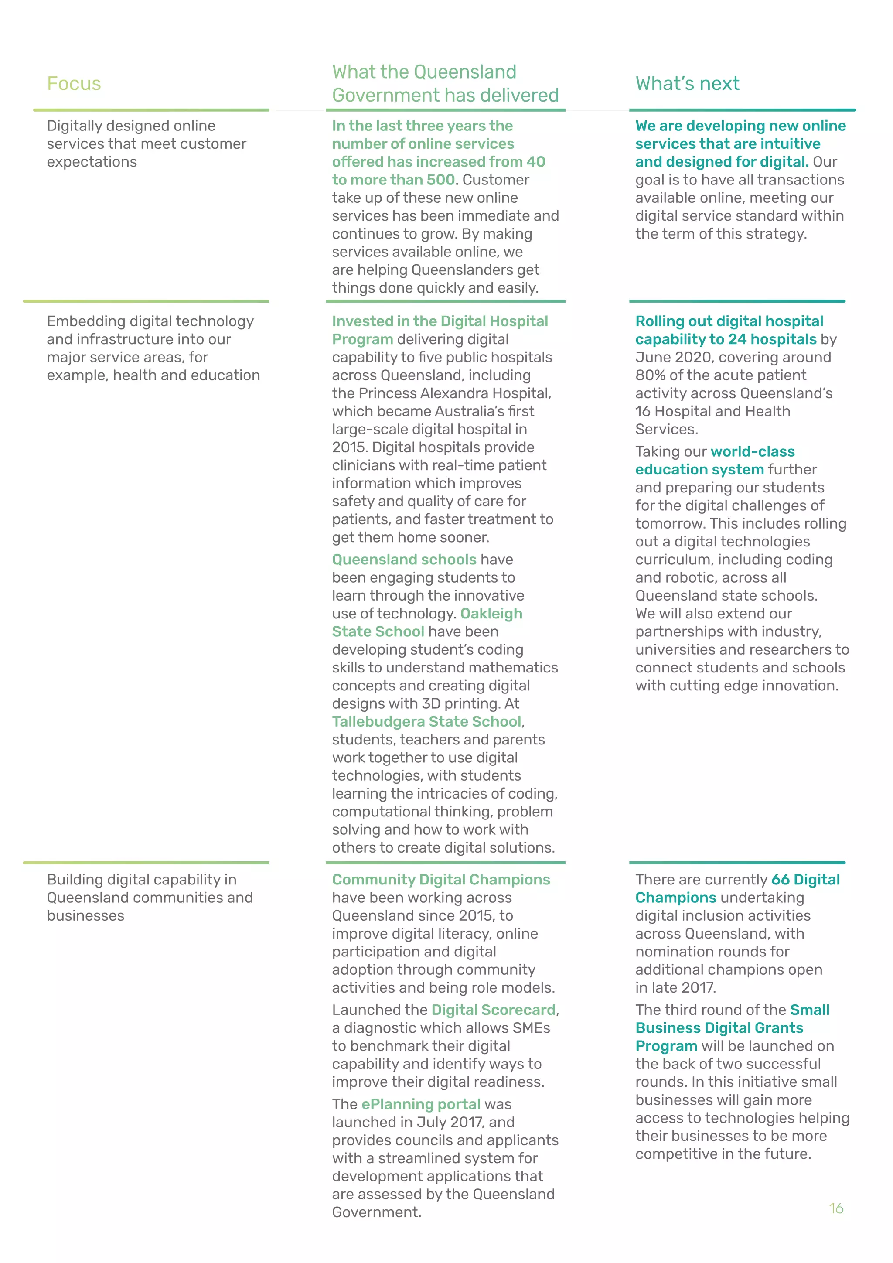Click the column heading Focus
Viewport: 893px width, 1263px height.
coord(74,84)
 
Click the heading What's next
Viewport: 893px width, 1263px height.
coord(687,84)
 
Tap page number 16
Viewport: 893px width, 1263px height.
coord(836,1208)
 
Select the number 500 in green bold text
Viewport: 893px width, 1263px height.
coord(440,180)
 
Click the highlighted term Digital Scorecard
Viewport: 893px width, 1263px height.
coord(493,1010)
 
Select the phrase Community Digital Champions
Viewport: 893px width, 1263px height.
coord(440,880)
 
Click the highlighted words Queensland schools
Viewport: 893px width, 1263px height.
coord(404,560)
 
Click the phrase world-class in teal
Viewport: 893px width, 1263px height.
coord(752,452)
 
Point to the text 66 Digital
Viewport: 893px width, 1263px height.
coord(805,880)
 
